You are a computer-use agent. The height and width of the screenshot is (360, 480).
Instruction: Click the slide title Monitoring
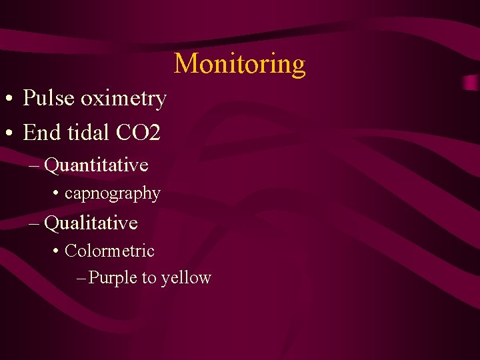240,64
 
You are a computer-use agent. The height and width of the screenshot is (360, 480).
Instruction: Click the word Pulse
49,99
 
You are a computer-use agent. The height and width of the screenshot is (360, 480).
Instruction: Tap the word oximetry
123,99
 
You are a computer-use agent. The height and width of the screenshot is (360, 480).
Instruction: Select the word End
42,133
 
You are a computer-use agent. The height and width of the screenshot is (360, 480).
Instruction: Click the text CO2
138,133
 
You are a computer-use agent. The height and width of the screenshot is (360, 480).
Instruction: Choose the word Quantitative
96,165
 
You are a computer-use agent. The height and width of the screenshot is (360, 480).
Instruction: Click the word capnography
113,193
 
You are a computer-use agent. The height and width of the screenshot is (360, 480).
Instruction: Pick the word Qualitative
91,223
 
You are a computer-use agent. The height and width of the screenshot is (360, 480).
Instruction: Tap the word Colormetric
109,251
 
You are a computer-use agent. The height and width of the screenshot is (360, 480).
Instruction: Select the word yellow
186,278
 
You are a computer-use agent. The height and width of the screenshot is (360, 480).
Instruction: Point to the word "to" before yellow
149,278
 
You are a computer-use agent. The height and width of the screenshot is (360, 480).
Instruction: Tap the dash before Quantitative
35,165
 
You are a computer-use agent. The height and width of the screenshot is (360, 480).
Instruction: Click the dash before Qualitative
35,223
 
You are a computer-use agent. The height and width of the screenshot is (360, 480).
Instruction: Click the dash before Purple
81,278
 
